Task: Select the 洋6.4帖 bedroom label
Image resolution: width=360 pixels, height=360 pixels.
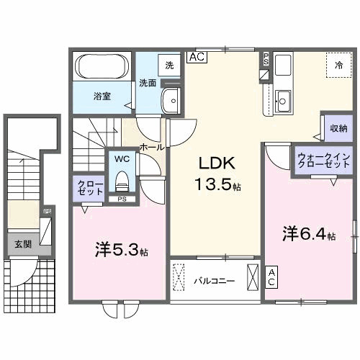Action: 308,234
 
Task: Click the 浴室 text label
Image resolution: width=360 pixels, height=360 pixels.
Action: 101,95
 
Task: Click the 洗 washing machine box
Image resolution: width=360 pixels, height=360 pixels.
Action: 168,66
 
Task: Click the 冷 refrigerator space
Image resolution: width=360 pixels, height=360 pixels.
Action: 338,65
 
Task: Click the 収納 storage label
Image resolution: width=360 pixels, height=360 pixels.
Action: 335,130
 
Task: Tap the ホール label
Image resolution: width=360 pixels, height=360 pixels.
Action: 151,146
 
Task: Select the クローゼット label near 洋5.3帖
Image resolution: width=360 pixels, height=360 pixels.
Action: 90,189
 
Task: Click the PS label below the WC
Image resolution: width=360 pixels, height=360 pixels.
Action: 122,199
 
